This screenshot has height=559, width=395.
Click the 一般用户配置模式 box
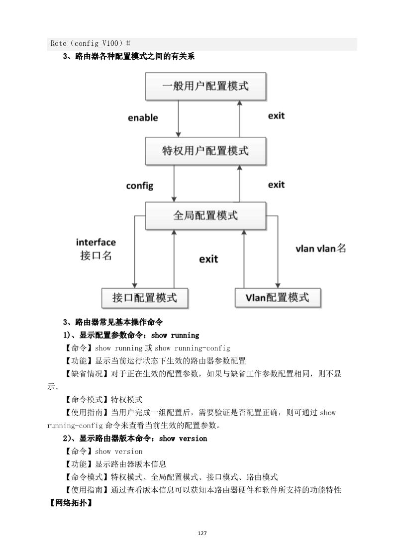coord(205,86)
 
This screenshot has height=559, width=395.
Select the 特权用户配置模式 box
coord(205,151)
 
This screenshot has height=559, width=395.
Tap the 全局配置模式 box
coord(205,216)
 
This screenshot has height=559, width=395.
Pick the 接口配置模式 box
coord(145,298)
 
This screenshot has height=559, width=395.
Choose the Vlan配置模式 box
coord(277,298)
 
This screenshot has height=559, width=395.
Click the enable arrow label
coord(143,118)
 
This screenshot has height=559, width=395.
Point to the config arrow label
coord(139,186)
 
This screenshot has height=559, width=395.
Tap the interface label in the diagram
coord(96,242)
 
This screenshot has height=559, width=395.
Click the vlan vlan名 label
coord(320,248)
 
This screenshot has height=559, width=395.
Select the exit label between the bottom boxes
coord(208,259)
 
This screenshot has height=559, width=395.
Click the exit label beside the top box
coord(276,116)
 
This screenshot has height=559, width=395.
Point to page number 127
coord(202,533)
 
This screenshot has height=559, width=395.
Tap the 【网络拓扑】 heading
coord(69,503)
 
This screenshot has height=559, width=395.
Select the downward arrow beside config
coord(174,184)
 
